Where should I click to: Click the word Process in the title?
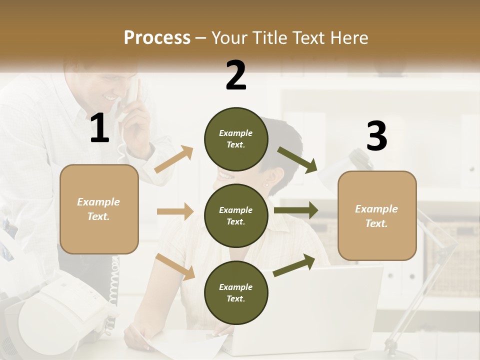click(157, 38)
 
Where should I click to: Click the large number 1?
click(99, 128)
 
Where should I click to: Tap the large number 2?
click(236, 75)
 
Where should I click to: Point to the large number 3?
click(377, 136)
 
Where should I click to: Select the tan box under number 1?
click(99, 209)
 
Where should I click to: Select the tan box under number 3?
click(377, 215)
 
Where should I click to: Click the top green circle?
click(236, 139)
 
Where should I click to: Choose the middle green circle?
click(236, 215)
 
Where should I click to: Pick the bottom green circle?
click(236, 292)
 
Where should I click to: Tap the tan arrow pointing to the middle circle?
click(175, 211)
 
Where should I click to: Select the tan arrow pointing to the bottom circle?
click(175, 266)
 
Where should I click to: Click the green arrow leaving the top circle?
click(297, 159)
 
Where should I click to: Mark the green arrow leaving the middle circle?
click(295, 210)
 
